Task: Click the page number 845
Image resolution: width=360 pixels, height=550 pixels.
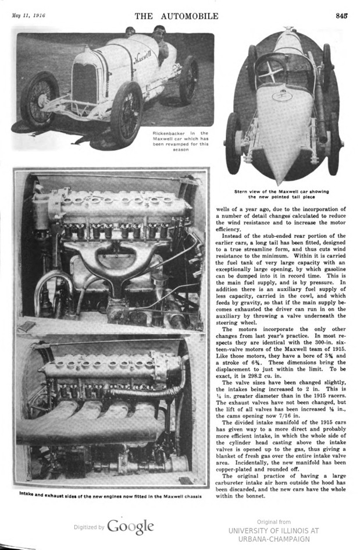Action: [341, 16]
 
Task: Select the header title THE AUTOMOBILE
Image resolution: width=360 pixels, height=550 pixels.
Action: [176, 16]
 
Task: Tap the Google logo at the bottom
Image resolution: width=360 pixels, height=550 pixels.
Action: [130, 526]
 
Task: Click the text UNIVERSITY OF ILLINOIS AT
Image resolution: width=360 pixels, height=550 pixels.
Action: [273, 531]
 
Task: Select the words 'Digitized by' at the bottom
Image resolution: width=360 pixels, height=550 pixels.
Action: [89, 527]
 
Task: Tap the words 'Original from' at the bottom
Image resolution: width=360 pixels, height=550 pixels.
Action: [273, 522]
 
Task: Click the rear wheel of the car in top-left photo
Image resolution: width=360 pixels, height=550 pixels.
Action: [188, 79]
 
